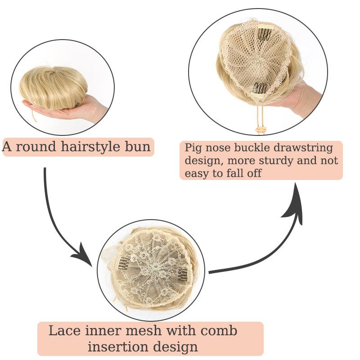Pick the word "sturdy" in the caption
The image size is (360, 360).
tap(286, 161)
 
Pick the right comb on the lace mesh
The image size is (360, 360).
tap(182, 274)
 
